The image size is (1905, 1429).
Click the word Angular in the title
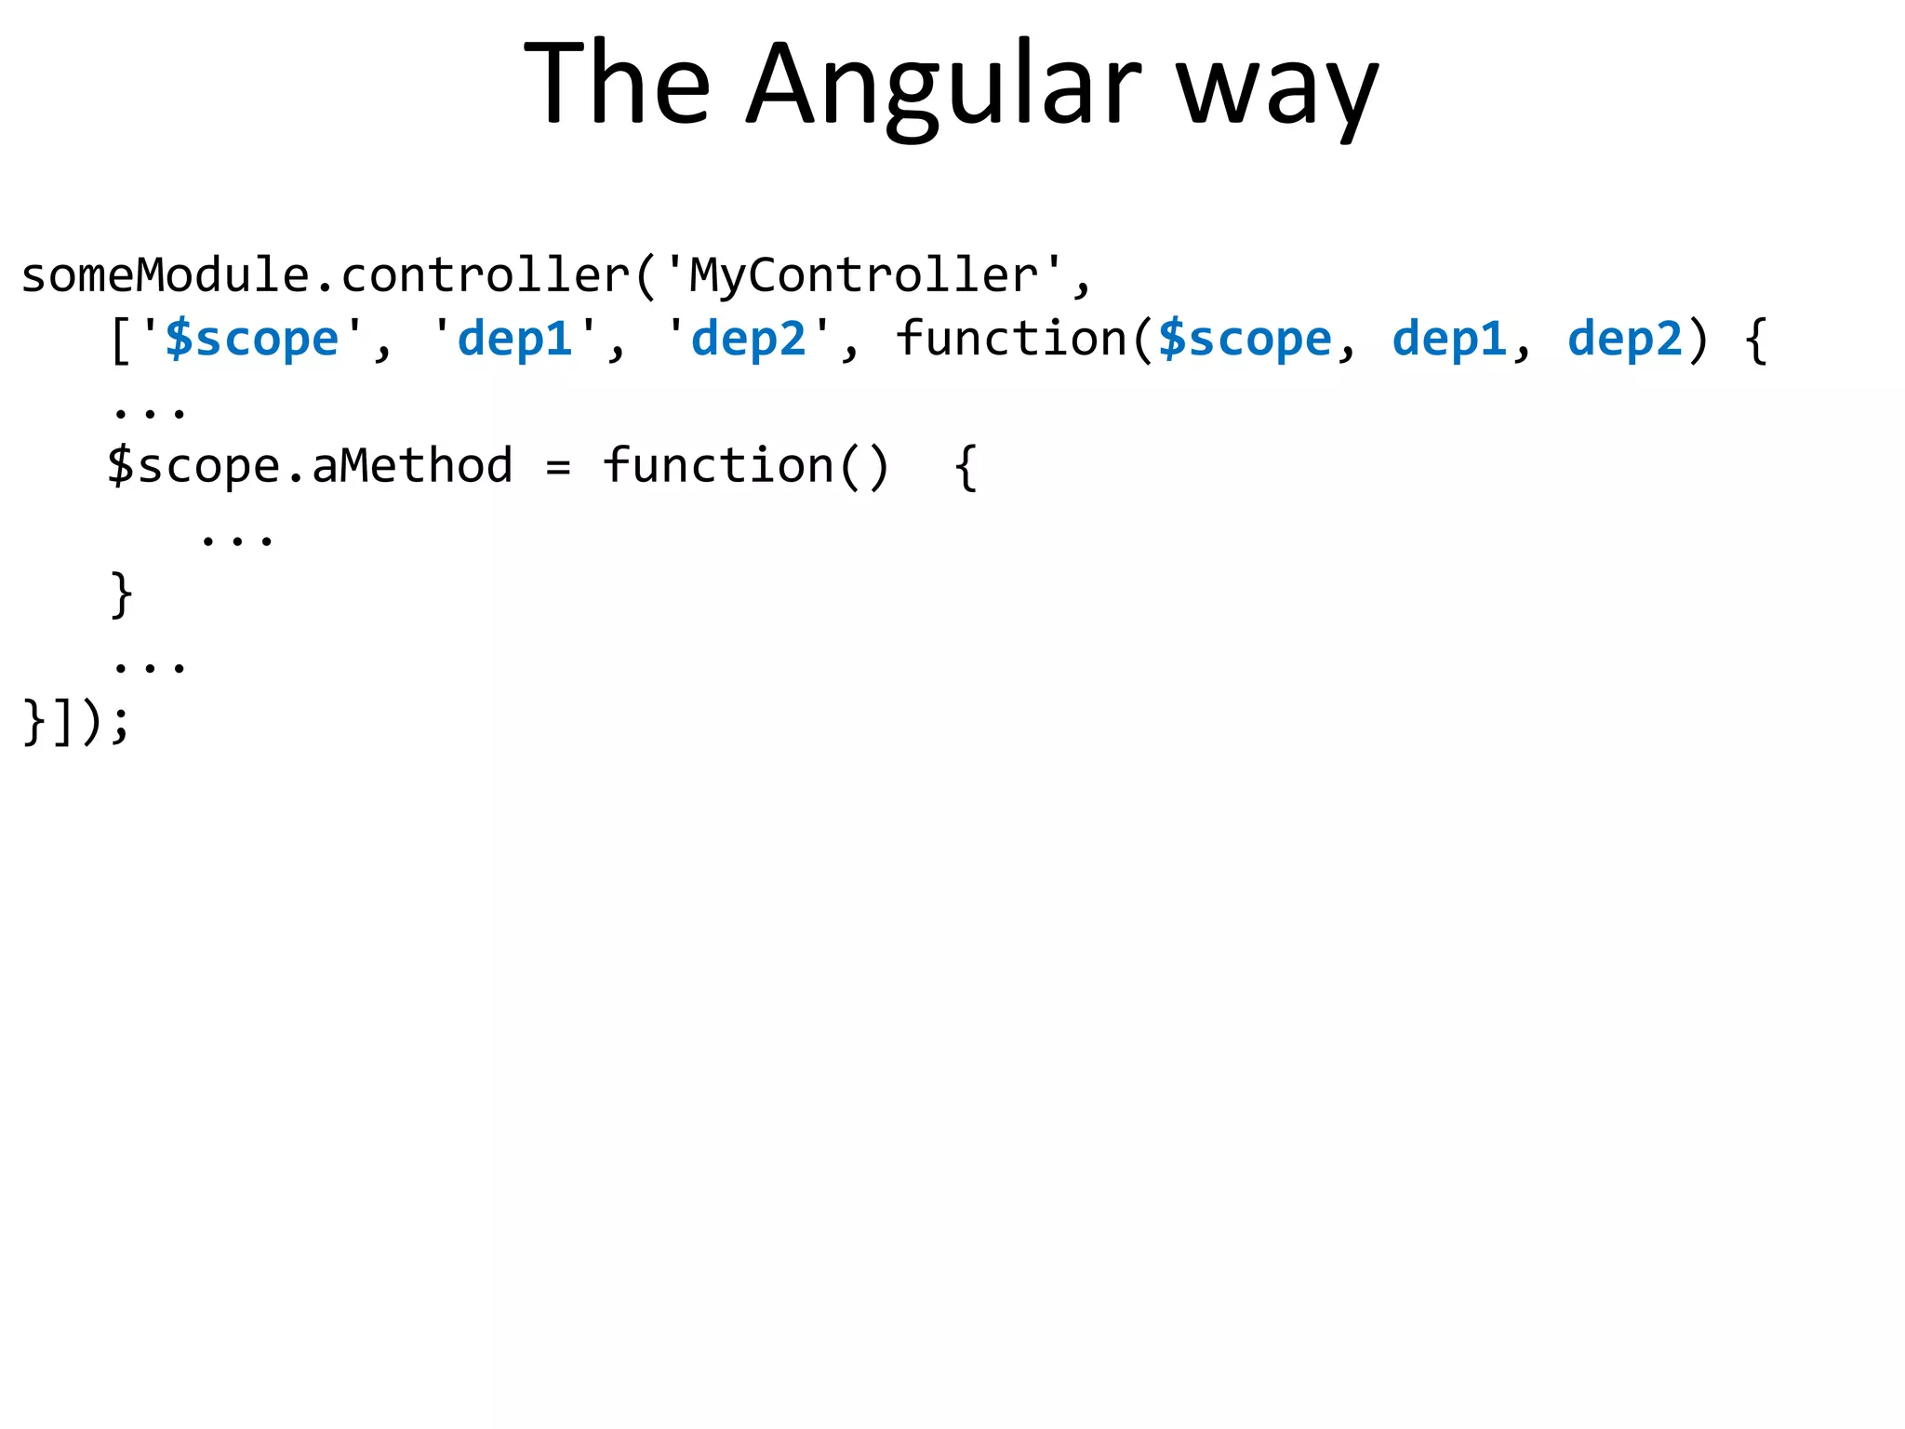(943, 86)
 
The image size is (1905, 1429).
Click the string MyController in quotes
(864, 275)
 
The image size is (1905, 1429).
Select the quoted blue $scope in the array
(252, 339)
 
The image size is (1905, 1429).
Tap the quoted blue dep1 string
(515, 339)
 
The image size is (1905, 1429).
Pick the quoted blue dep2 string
(749, 339)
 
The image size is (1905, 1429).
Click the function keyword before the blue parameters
(1011, 339)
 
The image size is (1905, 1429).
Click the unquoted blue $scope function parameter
(1245, 339)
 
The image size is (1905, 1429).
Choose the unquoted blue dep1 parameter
(1449, 339)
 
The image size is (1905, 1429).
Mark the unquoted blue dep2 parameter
(1625, 339)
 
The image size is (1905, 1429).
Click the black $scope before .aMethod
(193, 466)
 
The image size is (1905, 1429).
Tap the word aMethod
(412, 466)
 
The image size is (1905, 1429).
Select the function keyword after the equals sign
(719, 466)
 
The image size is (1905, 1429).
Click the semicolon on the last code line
(119, 723)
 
